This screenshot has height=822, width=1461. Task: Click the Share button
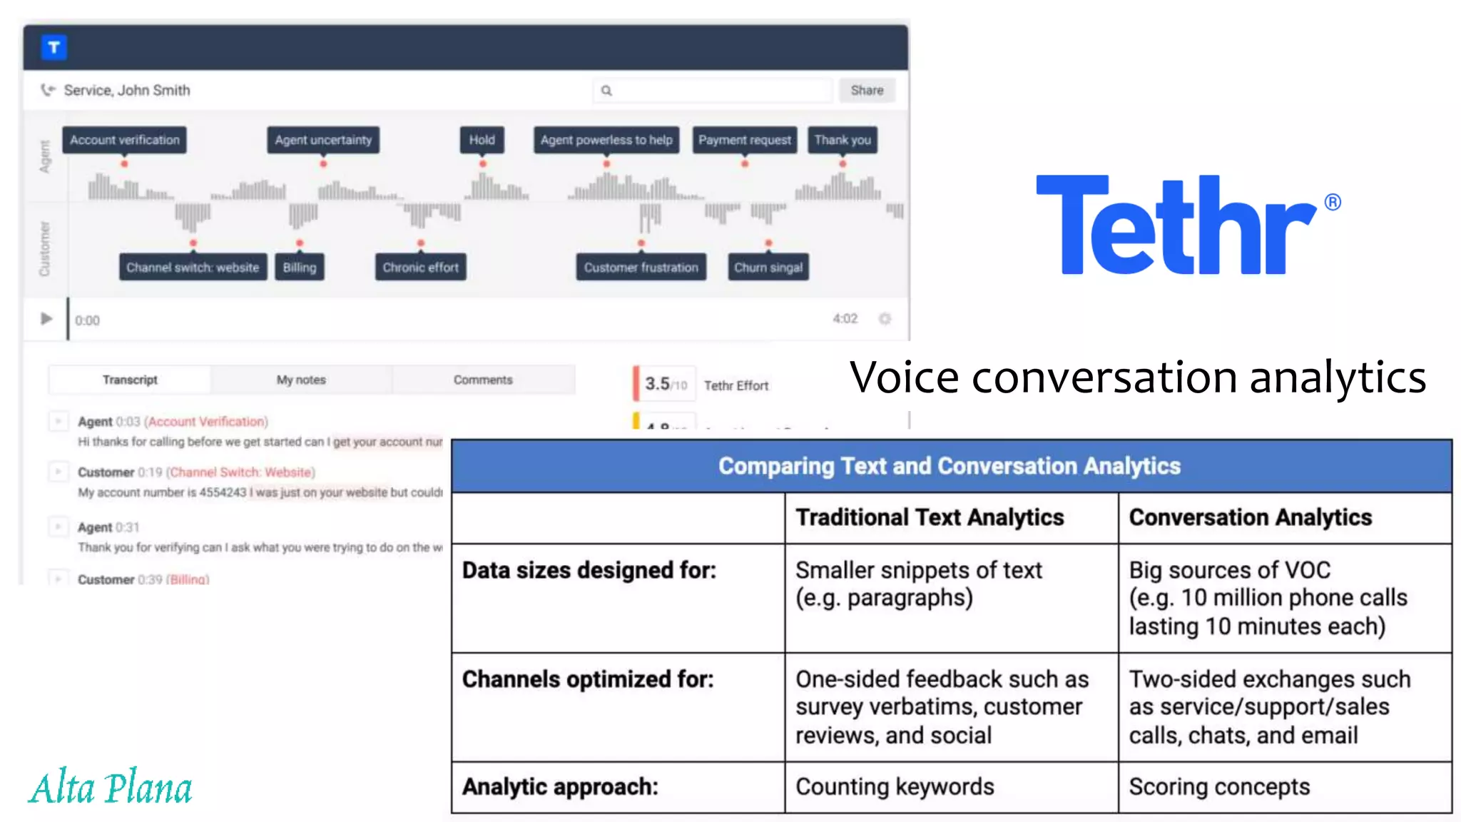click(866, 91)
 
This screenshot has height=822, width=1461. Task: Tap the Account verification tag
click(125, 140)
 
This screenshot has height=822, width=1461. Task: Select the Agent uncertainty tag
click(323, 140)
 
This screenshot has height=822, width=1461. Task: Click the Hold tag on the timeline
click(482, 140)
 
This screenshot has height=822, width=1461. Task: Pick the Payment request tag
click(744, 140)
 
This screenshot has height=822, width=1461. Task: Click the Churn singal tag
click(768, 268)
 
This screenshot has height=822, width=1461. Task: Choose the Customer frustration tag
click(641, 268)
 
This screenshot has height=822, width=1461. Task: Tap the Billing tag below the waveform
click(300, 268)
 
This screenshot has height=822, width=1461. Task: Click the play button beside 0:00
click(46, 319)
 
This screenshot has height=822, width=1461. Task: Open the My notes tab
click(301, 380)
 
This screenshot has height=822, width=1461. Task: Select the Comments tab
click(483, 380)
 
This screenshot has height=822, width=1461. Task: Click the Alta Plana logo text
click(111, 788)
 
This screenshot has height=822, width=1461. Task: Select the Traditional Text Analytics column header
click(930, 517)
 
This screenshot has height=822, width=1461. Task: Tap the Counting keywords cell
click(895, 786)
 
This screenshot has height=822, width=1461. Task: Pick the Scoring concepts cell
click(1219, 786)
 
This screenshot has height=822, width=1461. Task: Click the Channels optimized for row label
click(588, 679)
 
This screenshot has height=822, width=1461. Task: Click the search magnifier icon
click(606, 91)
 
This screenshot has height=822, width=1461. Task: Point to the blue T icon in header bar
click(54, 47)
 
